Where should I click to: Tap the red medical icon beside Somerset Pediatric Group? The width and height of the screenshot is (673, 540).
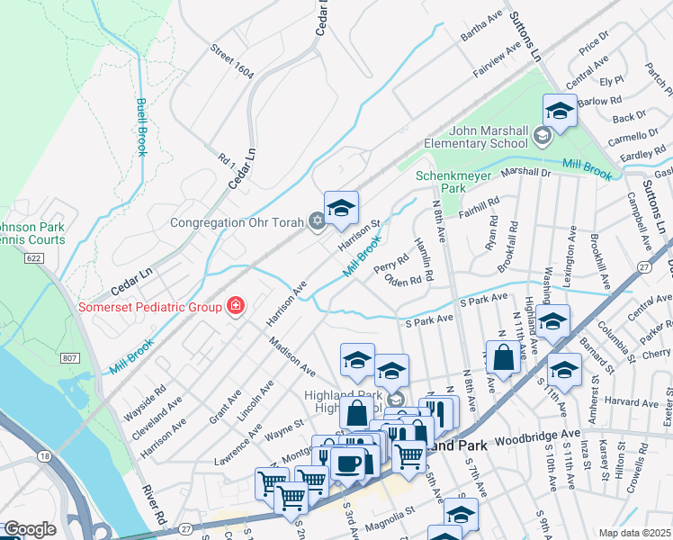pyautogui.click(x=236, y=307)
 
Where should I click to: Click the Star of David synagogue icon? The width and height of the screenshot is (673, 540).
pyautogui.click(x=316, y=220)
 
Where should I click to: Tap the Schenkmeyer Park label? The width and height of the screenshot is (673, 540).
pyautogui.click(x=441, y=182)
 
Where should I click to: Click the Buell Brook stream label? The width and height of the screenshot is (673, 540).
pyautogui.click(x=141, y=126)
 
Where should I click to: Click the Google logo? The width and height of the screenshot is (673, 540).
pyautogui.click(x=29, y=529)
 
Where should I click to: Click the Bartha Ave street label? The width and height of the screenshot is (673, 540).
pyautogui.click(x=480, y=26)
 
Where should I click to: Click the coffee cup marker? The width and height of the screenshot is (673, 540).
pyautogui.click(x=347, y=463)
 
